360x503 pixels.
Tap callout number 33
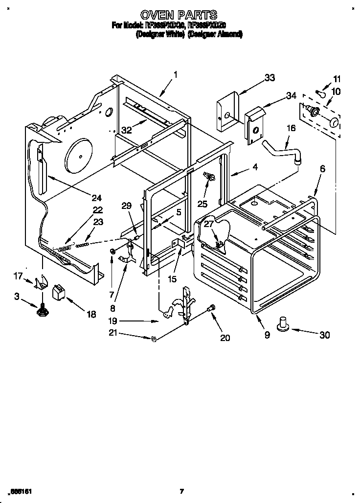point(269,78)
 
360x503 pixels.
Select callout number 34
point(291,95)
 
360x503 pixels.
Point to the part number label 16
point(291,128)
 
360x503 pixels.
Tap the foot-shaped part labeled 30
point(283,324)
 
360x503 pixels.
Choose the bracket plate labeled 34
point(254,126)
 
